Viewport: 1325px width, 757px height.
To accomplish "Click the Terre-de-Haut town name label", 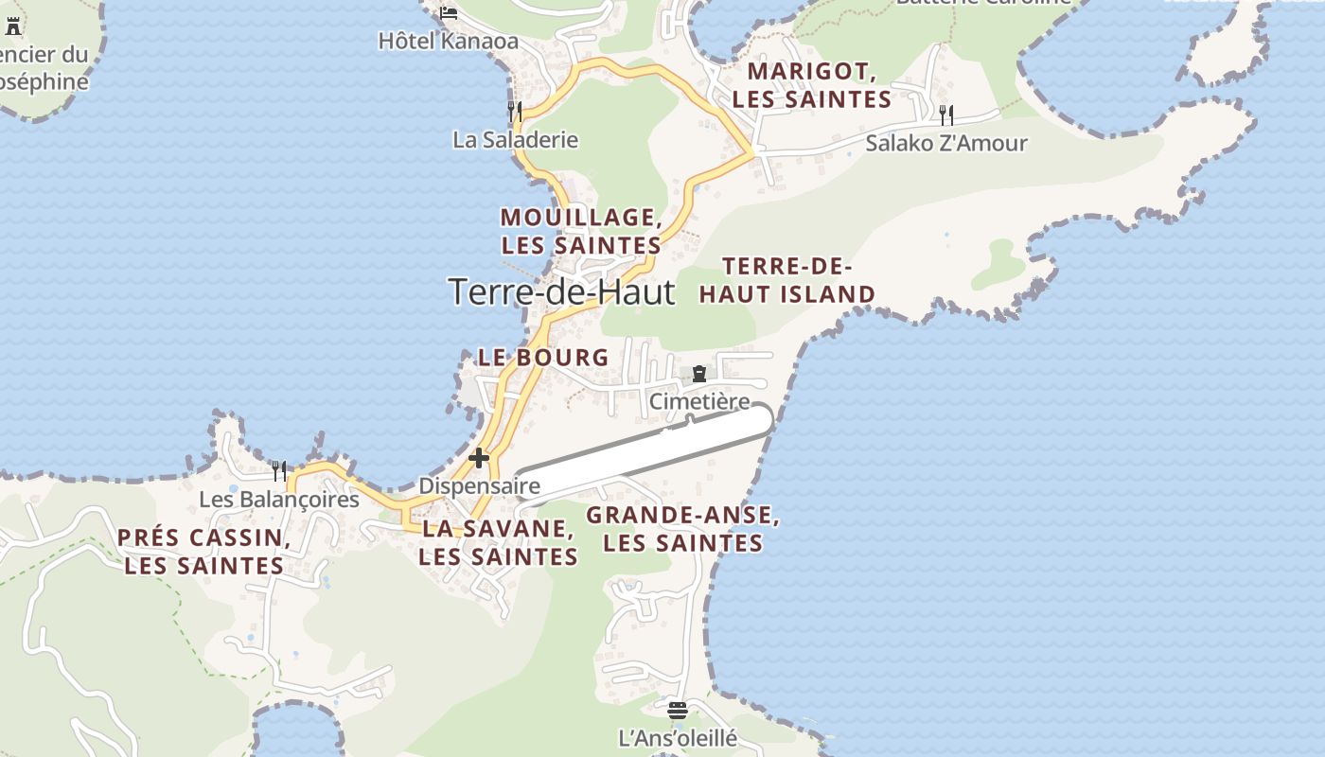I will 562,291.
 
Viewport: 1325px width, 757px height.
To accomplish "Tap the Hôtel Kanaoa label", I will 449,41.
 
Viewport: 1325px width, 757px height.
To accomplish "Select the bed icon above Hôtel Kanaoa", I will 449,12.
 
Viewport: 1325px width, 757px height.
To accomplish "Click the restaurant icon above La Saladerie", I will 515,112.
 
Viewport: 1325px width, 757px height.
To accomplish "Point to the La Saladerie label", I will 515,140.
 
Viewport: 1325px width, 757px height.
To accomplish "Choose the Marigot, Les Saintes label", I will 812,85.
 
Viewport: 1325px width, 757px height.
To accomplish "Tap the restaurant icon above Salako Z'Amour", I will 945,115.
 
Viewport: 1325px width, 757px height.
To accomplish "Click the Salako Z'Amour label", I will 946,144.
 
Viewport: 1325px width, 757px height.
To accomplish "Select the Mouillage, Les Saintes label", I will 581,231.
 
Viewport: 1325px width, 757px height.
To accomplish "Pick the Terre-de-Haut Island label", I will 787,280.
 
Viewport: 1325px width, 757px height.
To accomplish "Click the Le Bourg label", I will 543,358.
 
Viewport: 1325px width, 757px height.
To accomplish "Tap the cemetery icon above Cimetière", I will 699,375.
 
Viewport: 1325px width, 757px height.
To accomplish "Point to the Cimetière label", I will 699,402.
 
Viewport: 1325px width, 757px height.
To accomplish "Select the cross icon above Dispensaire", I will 479,458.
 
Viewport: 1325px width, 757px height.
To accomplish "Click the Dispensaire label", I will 479,486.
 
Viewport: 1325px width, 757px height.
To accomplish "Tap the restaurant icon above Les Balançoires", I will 279,470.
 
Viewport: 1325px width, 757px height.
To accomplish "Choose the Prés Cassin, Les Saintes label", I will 204,552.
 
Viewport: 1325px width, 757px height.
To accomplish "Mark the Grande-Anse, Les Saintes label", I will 682,529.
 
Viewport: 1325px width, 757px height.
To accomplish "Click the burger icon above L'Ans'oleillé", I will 677,710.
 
